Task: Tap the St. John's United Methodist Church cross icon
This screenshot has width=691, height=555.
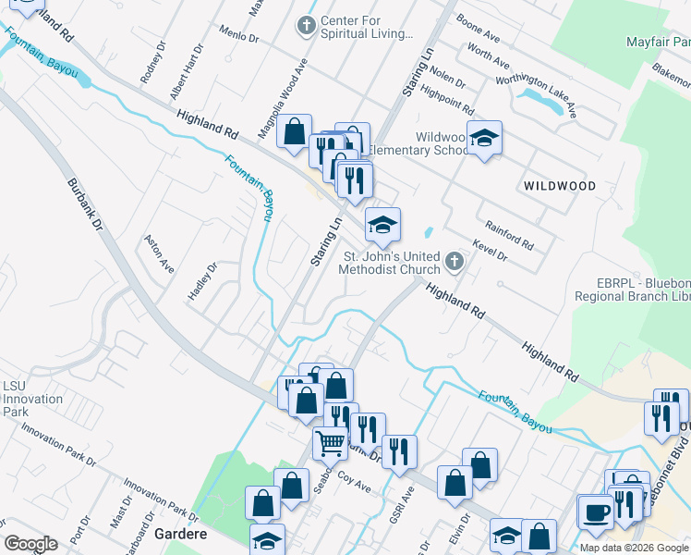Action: click(453, 263)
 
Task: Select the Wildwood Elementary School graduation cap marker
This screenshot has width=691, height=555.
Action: click(484, 140)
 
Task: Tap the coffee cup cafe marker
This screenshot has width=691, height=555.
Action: click(595, 512)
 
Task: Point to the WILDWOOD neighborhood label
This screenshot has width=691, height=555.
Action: click(559, 186)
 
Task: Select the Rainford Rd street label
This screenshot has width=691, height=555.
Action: click(510, 234)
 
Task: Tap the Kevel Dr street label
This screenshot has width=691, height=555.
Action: click(489, 251)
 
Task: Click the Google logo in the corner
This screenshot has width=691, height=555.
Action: click(31, 544)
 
